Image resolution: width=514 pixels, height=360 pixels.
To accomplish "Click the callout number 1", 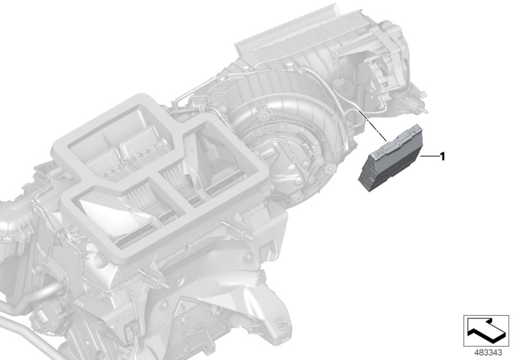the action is (443, 157).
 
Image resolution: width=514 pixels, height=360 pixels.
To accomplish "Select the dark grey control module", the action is (391, 159).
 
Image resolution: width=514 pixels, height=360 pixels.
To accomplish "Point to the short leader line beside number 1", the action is (429, 157).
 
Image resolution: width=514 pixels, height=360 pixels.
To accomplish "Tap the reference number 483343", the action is (488, 353).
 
